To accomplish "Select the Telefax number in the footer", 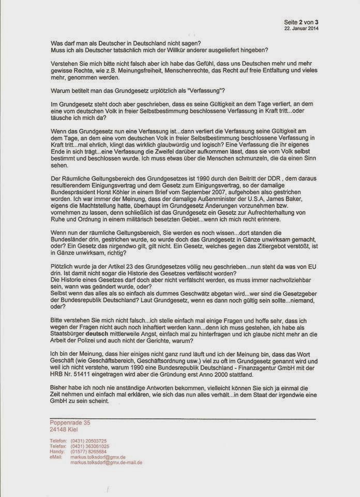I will [x=89, y=446].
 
